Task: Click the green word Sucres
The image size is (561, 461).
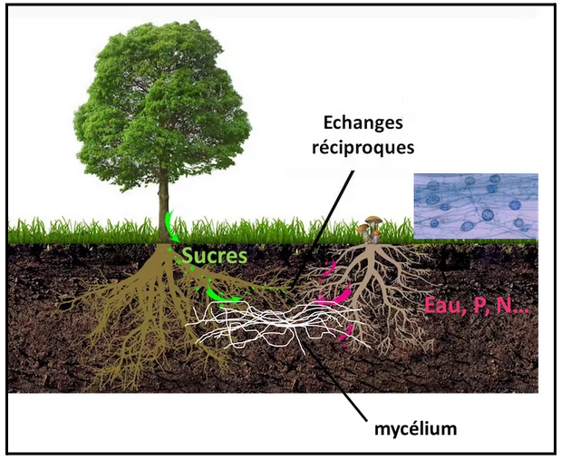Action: click(215, 256)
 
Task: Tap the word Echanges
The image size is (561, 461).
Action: click(363, 123)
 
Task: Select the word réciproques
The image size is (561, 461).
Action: click(363, 148)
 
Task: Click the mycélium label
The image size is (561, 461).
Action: click(415, 428)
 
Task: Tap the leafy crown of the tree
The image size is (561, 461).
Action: click(162, 103)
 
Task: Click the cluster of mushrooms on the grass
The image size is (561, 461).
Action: click(371, 230)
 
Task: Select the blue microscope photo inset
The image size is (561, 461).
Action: click(476, 206)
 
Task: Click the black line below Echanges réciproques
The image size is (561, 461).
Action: click(324, 230)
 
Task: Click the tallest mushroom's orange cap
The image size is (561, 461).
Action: click(373, 219)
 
